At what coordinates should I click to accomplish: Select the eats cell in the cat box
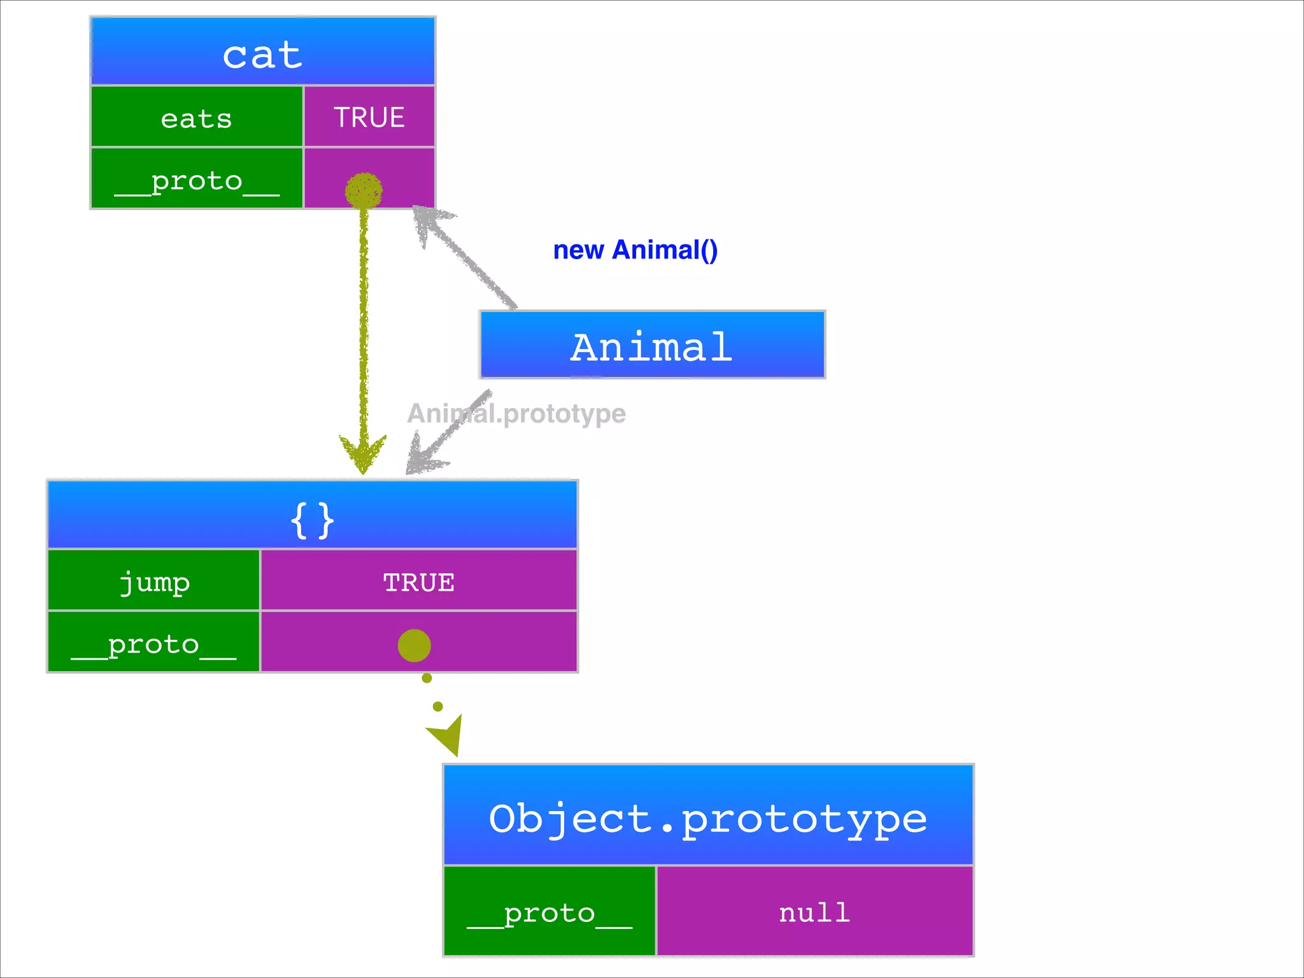point(197,118)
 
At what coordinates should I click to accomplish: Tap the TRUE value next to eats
point(369,117)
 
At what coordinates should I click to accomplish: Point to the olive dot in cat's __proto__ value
point(364,190)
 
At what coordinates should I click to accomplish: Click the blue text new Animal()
point(635,250)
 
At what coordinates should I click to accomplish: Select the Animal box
point(652,345)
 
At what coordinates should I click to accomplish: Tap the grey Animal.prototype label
point(517,414)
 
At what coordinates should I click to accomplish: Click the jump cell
point(154,581)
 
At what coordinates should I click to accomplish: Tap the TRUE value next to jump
point(418,581)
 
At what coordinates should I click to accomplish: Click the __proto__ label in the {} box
point(153,643)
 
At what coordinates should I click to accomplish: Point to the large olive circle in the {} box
point(414,646)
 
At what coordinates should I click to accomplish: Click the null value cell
point(814,912)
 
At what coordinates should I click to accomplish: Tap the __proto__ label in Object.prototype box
point(549,912)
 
